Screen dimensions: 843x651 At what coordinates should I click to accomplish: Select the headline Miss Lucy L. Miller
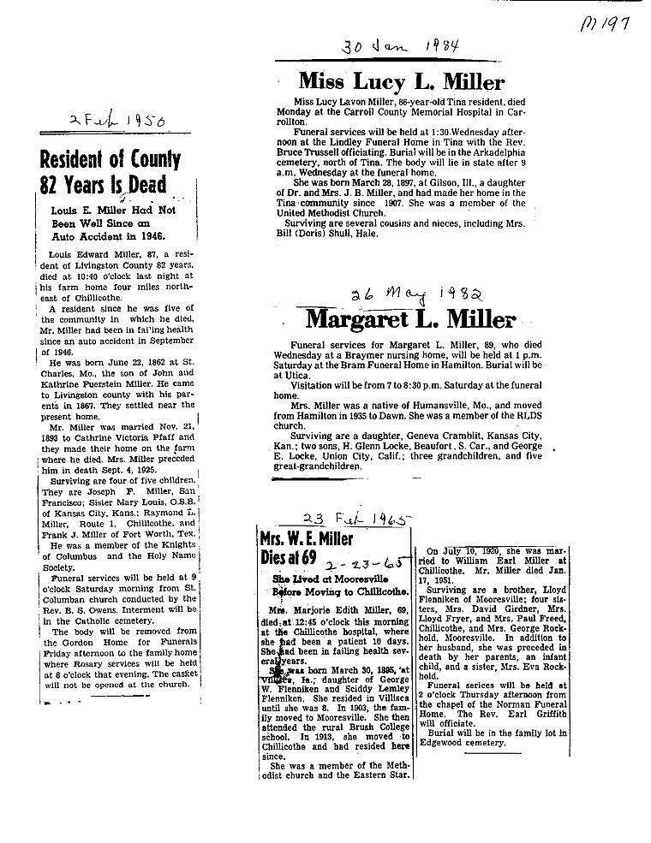click(x=401, y=82)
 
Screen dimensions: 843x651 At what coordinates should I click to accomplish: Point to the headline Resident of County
click(x=110, y=160)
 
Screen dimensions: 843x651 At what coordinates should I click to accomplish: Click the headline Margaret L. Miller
click(x=410, y=320)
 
